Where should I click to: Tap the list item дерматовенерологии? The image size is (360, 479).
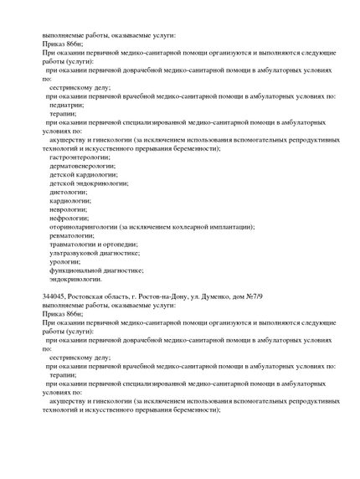pos(82,166)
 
